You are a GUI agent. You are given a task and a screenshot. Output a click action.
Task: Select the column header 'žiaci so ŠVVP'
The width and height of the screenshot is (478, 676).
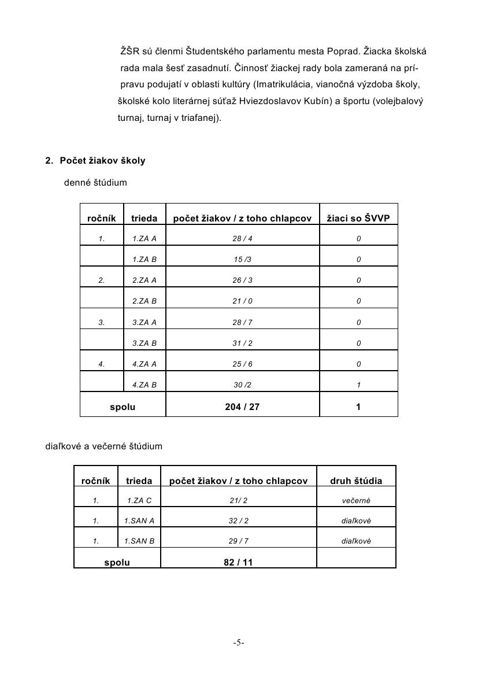point(358,219)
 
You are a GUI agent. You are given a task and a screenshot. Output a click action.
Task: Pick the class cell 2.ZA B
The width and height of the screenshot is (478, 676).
point(144,301)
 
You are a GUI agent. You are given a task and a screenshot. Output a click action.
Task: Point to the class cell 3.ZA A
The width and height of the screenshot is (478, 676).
point(144,322)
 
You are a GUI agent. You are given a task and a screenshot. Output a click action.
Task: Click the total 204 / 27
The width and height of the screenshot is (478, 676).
point(242,407)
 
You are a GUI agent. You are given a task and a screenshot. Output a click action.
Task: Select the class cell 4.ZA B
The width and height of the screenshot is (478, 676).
point(144,385)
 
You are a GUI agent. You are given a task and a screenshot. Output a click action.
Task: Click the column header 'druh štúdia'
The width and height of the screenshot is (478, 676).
point(356,481)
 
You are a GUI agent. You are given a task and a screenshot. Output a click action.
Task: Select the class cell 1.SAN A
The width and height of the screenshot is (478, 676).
point(139,521)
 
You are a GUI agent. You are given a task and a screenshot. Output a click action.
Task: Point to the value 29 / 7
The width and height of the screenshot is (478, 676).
point(238,541)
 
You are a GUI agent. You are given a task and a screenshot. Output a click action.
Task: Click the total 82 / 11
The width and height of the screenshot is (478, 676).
point(238,562)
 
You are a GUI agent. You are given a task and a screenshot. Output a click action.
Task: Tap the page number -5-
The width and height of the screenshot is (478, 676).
point(239,642)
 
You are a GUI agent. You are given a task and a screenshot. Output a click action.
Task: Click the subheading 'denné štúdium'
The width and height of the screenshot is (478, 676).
point(95,183)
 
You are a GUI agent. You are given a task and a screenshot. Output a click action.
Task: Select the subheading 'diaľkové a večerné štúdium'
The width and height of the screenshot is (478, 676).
point(104,446)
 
